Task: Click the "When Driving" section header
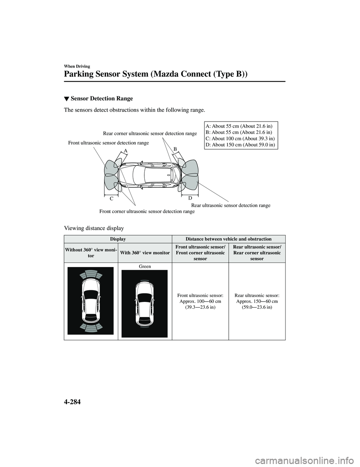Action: tap(77, 66)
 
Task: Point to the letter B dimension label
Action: tap(175, 149)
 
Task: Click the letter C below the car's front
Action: tap(111, 198)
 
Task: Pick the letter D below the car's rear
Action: tap(190, 198)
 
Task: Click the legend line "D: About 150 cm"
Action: tap(240, 144)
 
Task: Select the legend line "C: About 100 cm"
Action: tap(240, 138)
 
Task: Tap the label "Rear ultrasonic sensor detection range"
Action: tap(231, 206)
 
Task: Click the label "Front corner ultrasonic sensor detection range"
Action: tap(147, 212)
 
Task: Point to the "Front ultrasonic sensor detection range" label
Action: tap(108, 143)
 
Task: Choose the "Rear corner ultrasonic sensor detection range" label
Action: tap(150, 133)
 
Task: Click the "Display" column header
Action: tap(118, 239)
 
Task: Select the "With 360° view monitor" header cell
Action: tap(145, 253)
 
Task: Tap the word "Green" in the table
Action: tap(145, 266)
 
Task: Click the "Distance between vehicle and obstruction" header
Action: tap(228, 239)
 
